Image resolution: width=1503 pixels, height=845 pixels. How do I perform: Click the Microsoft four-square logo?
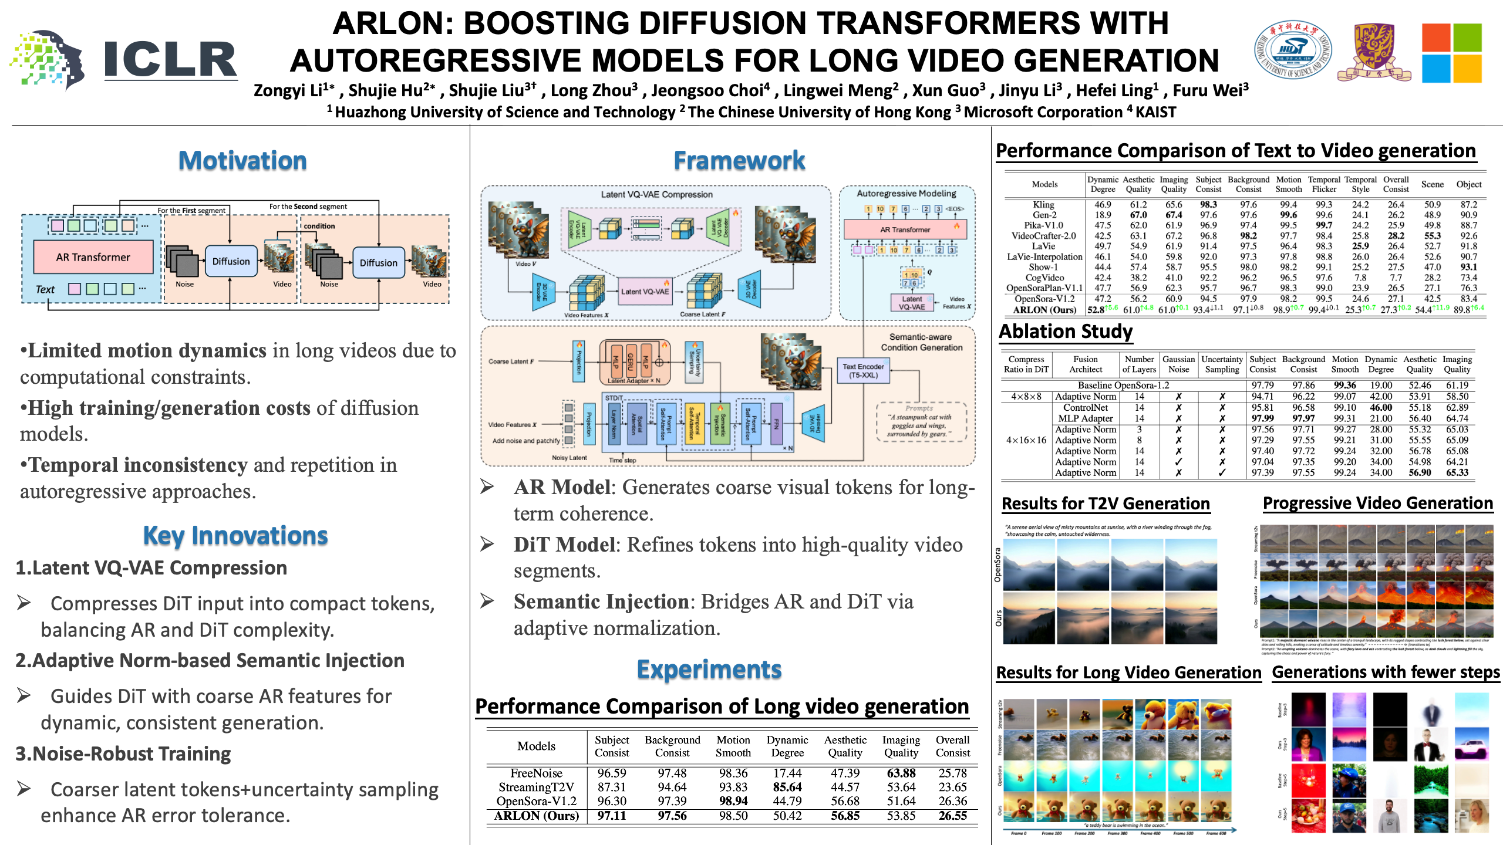(x=1451, y=53)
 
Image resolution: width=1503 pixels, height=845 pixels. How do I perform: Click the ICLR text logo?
(x=170, y=60)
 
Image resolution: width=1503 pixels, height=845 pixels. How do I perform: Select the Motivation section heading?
(x=242, y=160)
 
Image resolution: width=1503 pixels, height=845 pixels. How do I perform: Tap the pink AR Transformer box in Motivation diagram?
(x=93, y=257)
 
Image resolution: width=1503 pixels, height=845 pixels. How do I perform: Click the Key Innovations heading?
(x=235, y=535)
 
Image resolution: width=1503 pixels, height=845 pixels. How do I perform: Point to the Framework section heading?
(x=739, y=160)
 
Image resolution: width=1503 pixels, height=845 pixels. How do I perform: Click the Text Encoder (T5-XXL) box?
(x=863, y=371)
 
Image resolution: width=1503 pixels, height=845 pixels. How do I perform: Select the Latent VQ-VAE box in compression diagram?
(x=645, y=291)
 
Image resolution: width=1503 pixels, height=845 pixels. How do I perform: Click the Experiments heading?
(x=709, y=669)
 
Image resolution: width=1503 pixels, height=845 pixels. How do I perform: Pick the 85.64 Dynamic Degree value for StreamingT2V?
(x=787, y=787)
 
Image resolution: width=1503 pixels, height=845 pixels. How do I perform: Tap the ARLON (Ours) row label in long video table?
(x=536, y=816)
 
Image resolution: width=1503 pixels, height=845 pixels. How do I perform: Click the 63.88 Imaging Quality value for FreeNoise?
(x=901, y=773)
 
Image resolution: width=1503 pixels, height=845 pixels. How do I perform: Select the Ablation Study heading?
(x=1066, y=332)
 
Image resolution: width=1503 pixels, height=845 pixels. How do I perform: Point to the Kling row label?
(x=1043, y=205)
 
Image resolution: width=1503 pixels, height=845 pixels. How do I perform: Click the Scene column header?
(x=1432, y=184)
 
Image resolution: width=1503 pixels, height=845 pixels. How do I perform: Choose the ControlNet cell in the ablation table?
(x=1086, y=407)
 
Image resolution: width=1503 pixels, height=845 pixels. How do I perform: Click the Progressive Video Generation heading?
(x=1378, y=503)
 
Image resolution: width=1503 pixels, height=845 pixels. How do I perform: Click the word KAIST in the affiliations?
(x=1155, y=112)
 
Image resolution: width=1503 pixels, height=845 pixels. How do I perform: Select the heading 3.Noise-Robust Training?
(x=123, y=753)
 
